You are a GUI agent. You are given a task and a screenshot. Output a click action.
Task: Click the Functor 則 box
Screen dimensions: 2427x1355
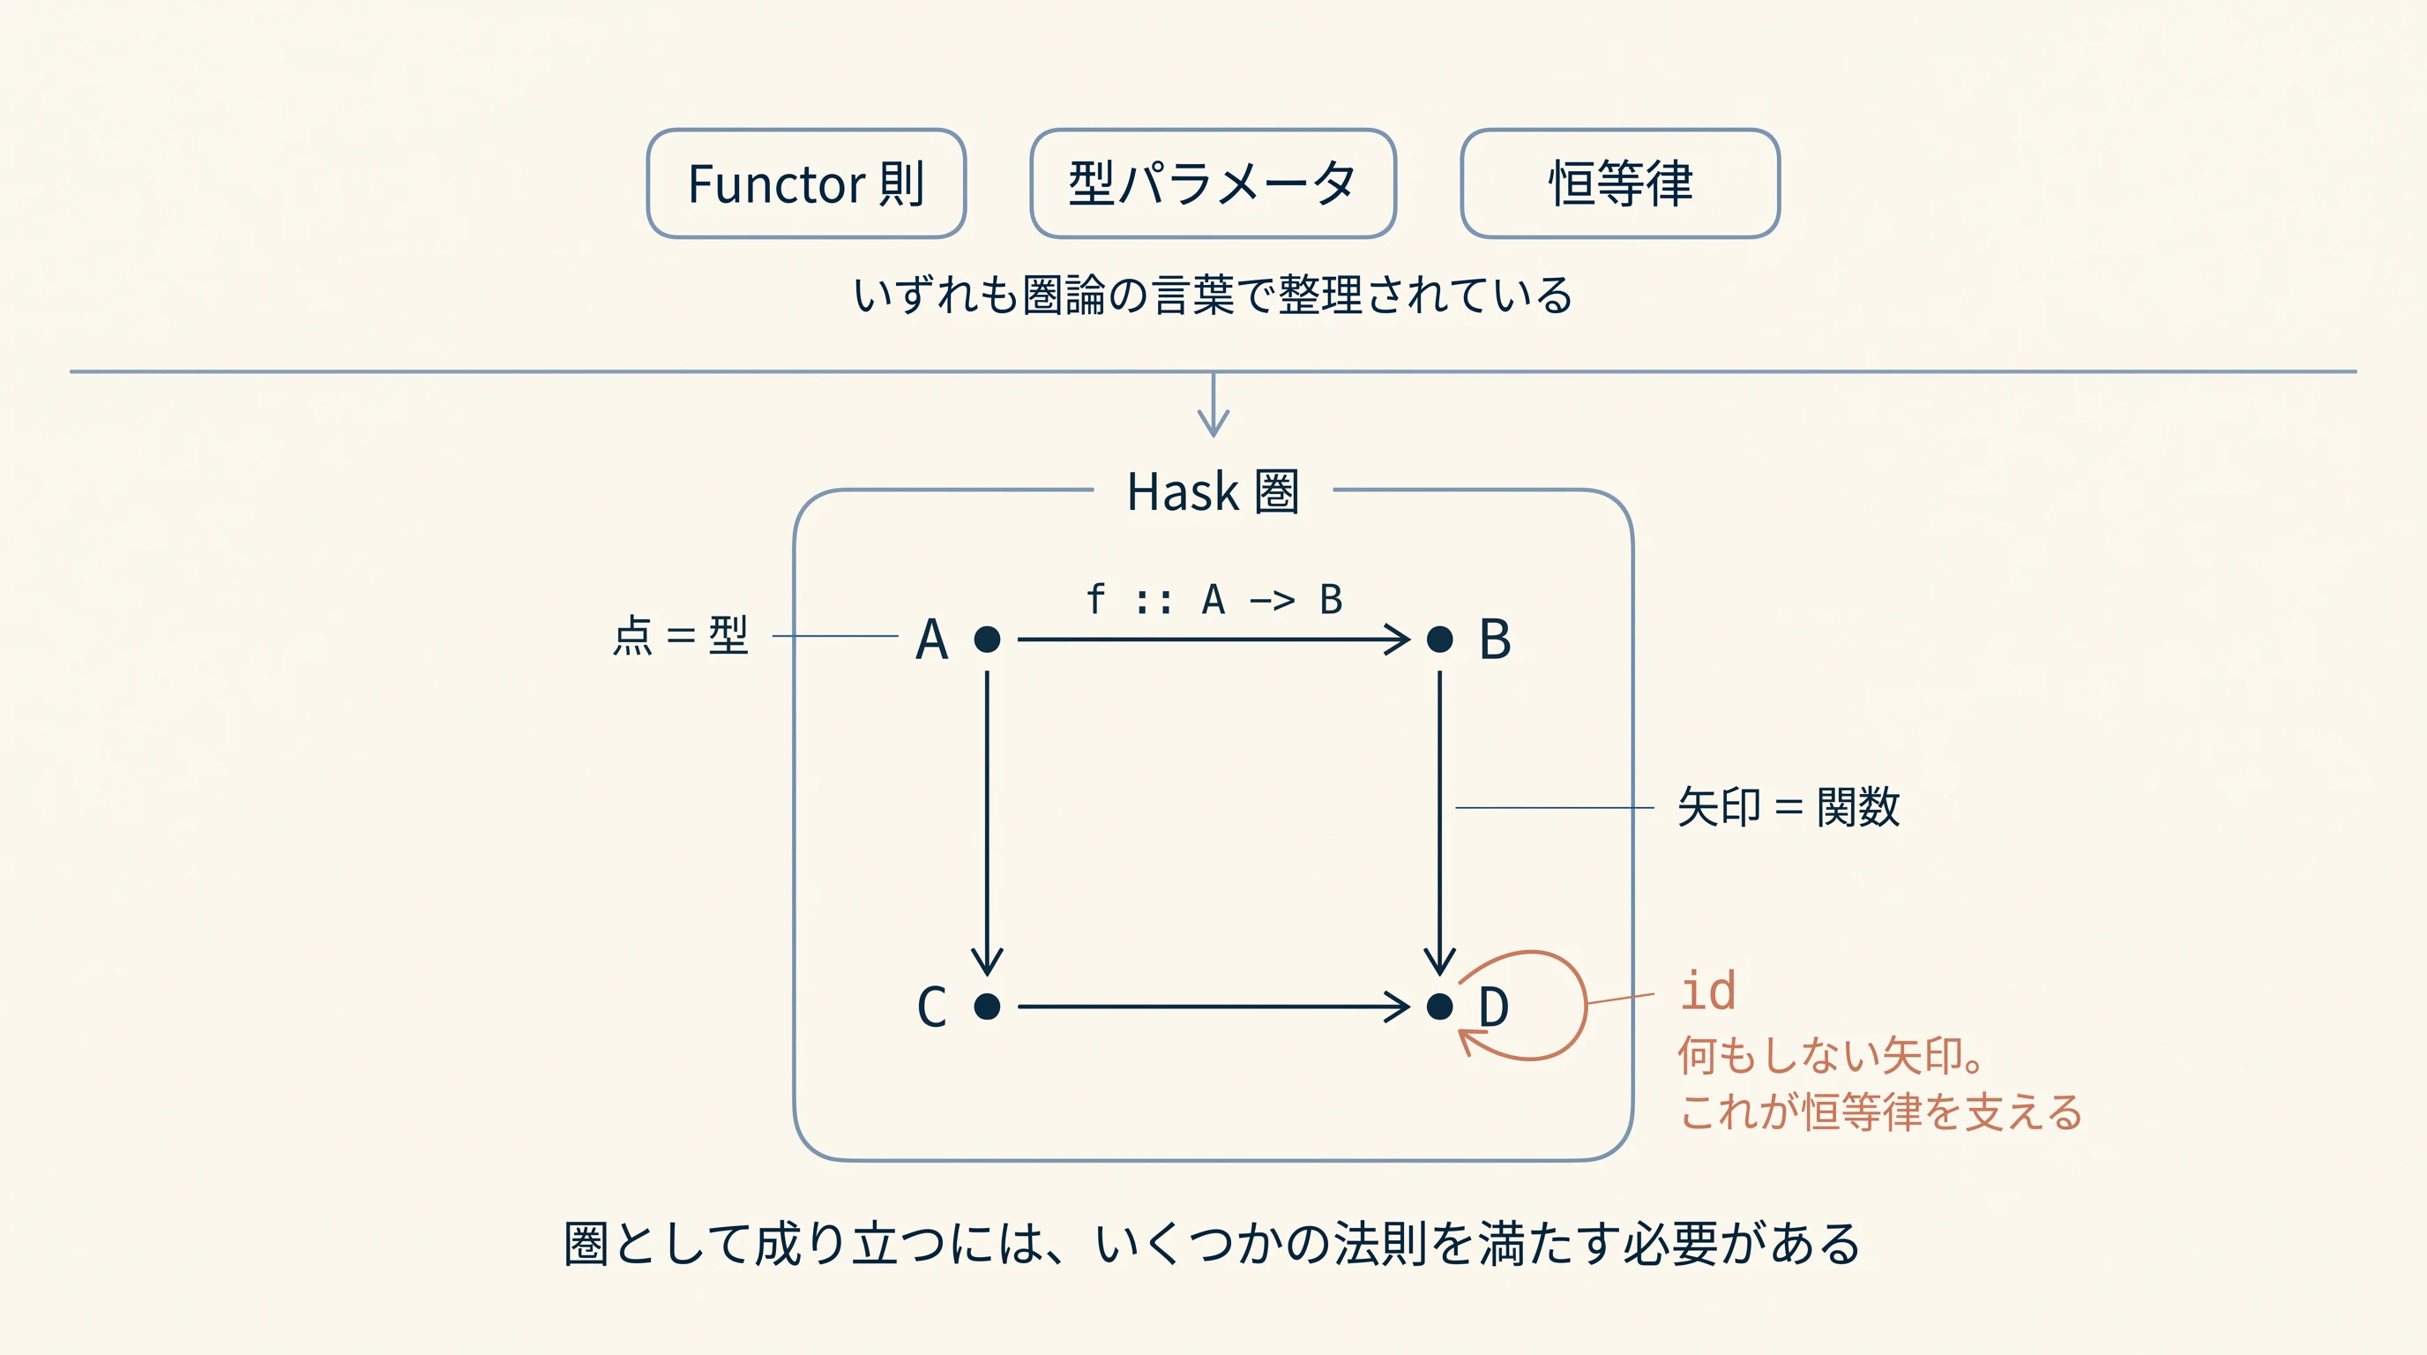pos(806,183)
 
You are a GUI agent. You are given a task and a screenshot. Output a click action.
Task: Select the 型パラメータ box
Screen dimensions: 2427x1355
pos(1213,183)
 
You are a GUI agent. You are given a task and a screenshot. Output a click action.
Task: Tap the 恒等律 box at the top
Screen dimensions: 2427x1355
pos(1619,183)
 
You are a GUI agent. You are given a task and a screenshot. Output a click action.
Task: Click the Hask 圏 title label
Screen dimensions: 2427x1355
pos(1213,492)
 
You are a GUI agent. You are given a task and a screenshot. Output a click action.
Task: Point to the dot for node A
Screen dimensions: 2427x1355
pos(987,640)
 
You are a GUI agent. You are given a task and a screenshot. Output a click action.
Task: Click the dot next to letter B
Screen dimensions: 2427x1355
pos(1439,640)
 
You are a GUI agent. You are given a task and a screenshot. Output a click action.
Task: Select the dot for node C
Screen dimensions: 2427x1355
pos(987,1007)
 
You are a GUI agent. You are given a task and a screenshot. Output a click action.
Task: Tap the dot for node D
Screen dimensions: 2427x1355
pos(1439,1007)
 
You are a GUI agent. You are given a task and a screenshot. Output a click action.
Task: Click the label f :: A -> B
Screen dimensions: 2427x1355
pos(1213,599)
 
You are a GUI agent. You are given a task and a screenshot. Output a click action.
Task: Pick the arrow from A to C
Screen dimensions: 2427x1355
pos(987,822)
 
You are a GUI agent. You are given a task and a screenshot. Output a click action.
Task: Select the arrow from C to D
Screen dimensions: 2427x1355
pos(1213,1007)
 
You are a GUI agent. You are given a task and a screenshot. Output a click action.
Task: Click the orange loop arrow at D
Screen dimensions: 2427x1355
pos(1587,1005)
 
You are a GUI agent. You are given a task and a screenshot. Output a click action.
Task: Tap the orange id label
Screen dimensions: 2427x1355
pos(1708,992)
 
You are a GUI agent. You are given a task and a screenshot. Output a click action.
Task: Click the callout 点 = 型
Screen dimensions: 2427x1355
pos(680,635)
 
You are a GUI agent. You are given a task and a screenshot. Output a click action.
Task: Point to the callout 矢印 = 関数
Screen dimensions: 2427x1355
pos(1789,807)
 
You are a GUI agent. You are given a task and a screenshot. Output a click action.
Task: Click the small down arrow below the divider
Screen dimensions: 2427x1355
pos(1213,405)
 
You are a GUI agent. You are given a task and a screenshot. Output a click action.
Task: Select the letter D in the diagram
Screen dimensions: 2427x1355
pos(1493,1007)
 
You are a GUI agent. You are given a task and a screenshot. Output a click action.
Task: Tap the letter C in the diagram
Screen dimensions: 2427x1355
pos(932,1007)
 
